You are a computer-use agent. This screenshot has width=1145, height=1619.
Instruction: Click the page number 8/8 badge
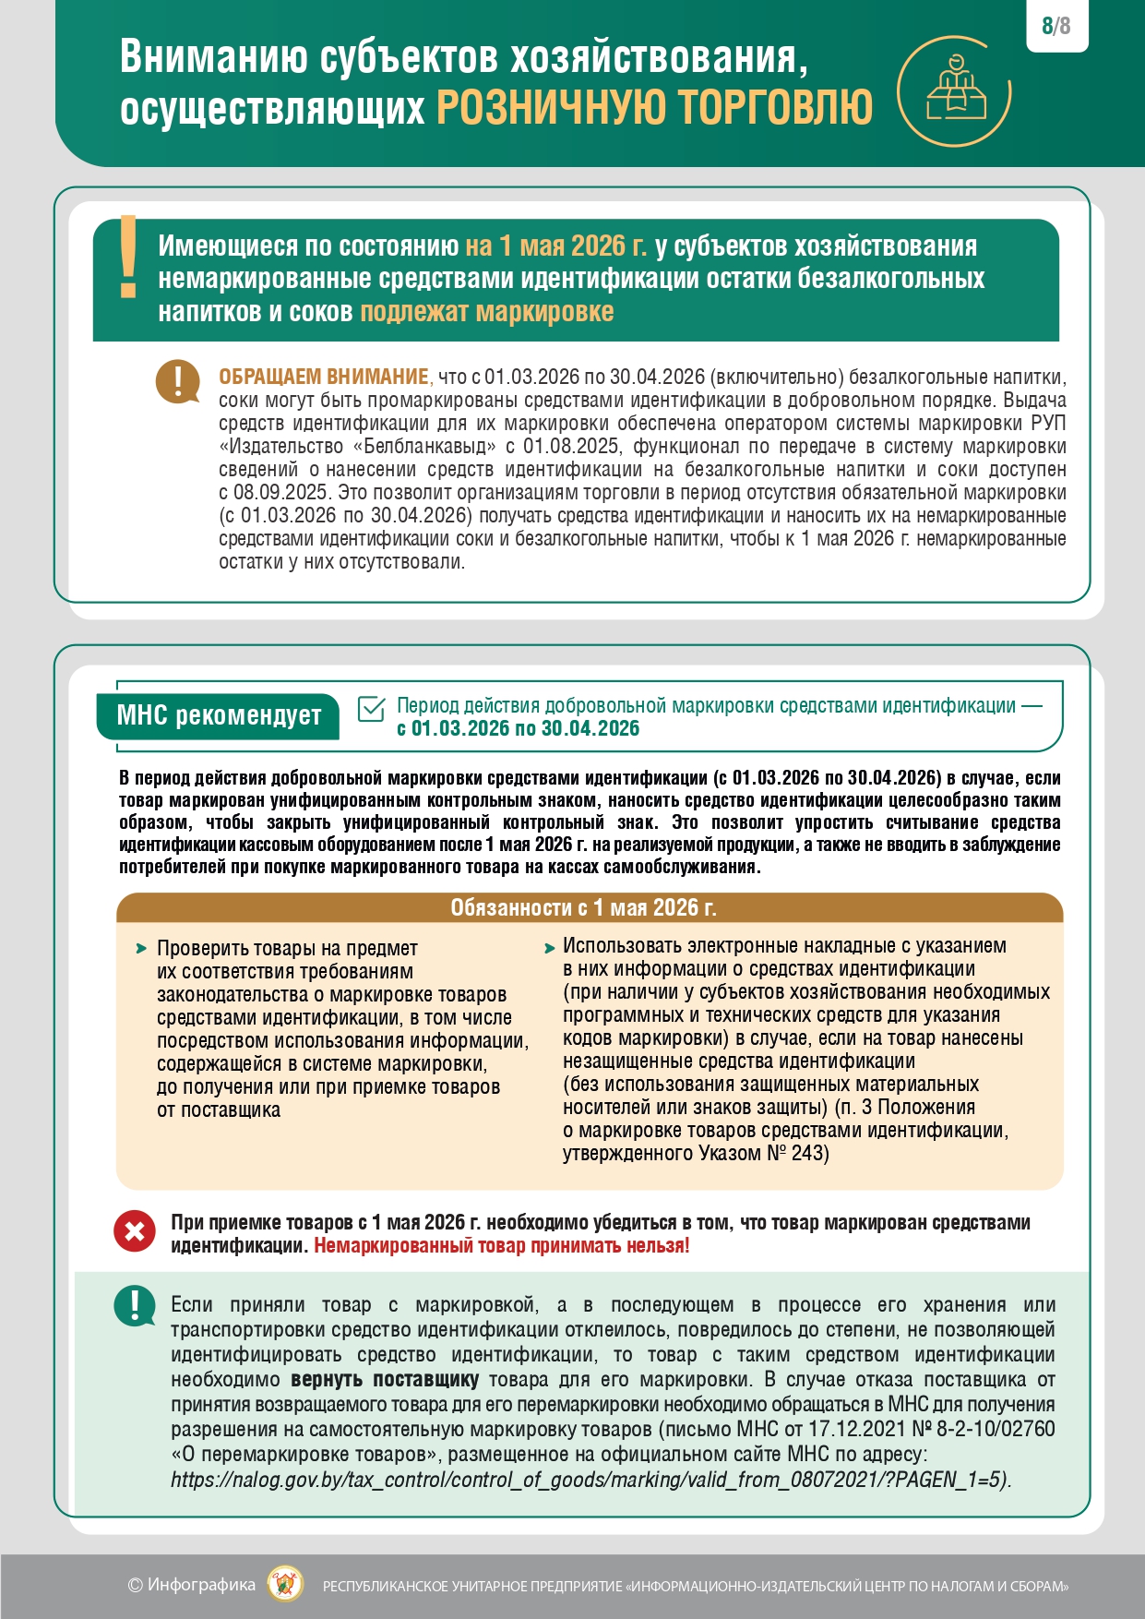pyautogui.click(x=1056, y=26)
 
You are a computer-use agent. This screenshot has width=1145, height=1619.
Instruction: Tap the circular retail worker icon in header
pyautogui.click(x=954, y=90)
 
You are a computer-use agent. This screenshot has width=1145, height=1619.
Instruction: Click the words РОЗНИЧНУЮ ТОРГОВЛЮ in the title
pyautogui.click(x=654, y=108)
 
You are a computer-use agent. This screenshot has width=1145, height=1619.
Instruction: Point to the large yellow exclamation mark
pyautogui.click(x=128, y=258)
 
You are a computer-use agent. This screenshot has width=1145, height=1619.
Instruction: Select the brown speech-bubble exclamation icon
pyautogui.click(x=178, y=380)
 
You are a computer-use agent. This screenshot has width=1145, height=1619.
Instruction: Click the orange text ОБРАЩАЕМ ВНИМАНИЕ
pyautogui.click(x=324, y=377)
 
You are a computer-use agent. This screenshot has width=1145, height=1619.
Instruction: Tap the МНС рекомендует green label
pyautogui.click(x=219, y=716)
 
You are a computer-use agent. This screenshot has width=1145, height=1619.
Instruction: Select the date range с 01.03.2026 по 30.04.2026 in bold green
pyautogui.click(x=518, y=728)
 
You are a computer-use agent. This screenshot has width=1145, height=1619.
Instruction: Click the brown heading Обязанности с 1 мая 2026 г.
pyautogui.click(x=583, y=907)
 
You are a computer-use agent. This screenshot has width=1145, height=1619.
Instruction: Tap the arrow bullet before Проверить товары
pyautogui.click(x=141, y=949)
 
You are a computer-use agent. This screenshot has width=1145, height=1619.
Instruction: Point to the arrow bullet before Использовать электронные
pyautogui.click(x=549, y=947)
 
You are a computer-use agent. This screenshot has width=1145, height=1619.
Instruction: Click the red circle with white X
pyautogui.click(x=135, y=1231)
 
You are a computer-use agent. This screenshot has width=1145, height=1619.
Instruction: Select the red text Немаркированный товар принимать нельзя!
pyautogui.click(x=501, y=1245)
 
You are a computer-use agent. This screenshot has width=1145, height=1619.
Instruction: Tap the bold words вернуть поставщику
pyautogui.click(x=384, y=1380)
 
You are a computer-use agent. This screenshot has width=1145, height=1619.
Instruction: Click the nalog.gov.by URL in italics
pyautogui.click(x=590, y=1480)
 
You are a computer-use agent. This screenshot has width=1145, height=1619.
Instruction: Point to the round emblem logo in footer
pyautogui.click(x=285, y=1585)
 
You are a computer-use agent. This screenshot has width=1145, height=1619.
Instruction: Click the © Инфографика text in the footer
pyautogui.click(x=191, y=1585)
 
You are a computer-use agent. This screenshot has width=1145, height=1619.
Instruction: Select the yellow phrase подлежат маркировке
pyautogui.click(x=486, y=312)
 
